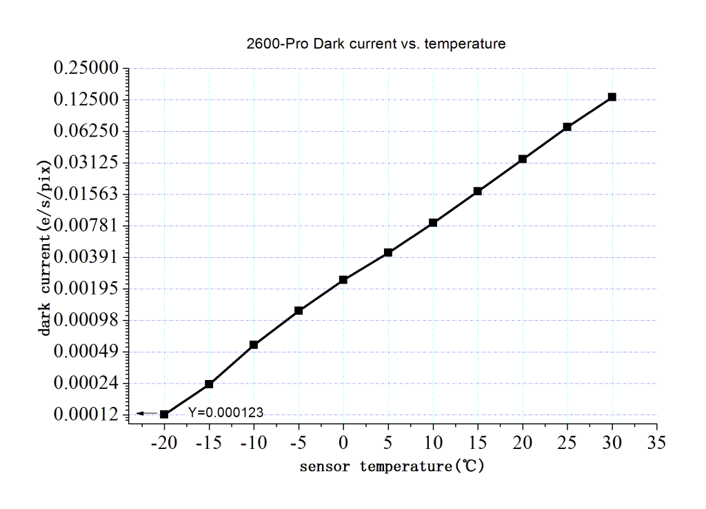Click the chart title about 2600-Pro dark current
376,44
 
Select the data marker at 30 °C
612,97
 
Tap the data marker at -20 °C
164,414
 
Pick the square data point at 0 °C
343,280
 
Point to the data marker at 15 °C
477,191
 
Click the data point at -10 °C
254,345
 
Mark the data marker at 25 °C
567,127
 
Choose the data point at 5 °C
388,252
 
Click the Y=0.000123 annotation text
225,412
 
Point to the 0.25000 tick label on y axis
87,68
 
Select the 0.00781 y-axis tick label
87,226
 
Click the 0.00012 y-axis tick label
87,415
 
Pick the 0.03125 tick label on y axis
87,163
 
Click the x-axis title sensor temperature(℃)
392,466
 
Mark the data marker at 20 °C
523,159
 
